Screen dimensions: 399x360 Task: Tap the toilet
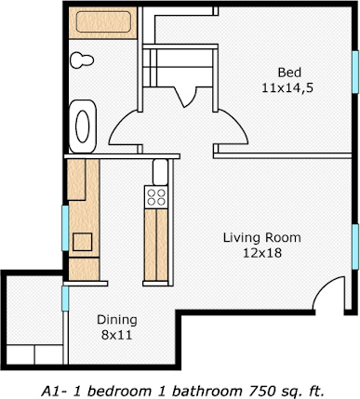[x=84, y=59]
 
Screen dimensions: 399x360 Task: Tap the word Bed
[x=289, y=73]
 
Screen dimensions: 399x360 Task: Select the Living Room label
[x=261, y=237]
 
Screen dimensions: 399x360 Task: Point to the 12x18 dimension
[x=261, y=252]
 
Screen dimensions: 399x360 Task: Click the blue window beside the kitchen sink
[x=64, y=228]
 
